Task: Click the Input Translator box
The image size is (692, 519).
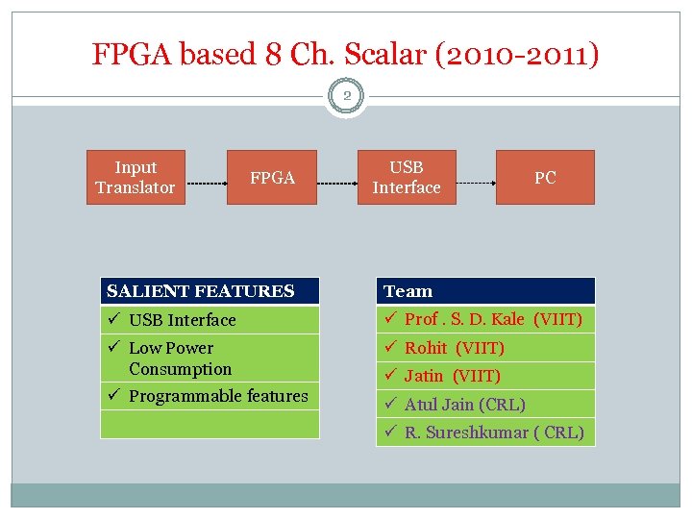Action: [x=136, y=178]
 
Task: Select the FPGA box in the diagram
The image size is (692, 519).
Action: [x=272, y=178]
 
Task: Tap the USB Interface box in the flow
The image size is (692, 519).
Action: [x=407, y=178]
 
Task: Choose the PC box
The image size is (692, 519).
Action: [x=545, y=178]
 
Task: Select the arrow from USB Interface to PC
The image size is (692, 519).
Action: [x=476, y=182]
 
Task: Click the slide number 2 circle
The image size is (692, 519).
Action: [x=346, y=96]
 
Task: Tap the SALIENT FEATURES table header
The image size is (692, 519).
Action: [x=210, y=291]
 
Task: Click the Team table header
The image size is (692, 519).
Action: [x=484, y=291]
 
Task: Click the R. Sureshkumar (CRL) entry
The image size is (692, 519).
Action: [x=493, y=432]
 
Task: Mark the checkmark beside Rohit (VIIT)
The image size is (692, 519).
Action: [x=390, y=347]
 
